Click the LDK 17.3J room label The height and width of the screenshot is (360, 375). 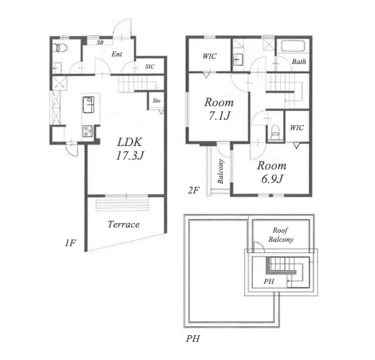pyautogui.click(x=130, y=149)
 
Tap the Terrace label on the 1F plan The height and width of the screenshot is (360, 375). pyautogui.click(x=123, y=224)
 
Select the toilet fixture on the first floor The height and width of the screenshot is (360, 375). pyautogui.click(x=61, y=48)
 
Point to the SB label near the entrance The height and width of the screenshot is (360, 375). pyautogui.click(x=100, y=42)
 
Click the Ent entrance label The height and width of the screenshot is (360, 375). pyautogui.click(x=117, y=54)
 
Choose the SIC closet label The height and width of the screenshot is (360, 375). pyautogui.click(x=150, y=66)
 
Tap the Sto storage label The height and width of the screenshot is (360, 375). pyautogui.click(x=157, y=101)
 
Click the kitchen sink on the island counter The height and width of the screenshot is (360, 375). pyautogui.click(x=88, y=105)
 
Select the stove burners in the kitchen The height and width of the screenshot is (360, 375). pyautogui.click(x=87, y=131)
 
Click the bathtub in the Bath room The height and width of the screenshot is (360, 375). pyautogui.click(x=293, y=47)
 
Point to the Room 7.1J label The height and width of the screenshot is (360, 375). pyautogui.click(x=219, y=109)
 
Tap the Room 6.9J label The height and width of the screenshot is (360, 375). pyautogui.click(x=272, y=172)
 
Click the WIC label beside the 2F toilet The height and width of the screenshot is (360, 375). pyautogui.click(x=297, y=128)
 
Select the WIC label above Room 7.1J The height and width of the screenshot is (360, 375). pyautogui.click(x=209, y=56)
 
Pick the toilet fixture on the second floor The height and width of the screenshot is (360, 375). pyautogui.click(x=276, y=130)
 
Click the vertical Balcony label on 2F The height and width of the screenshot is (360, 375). pyautogui.click(x=221, y=172)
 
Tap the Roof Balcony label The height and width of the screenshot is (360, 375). pyautogui.click(x=281, y=235)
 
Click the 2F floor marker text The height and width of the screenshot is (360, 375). pyautogui.click(x=194, y=191)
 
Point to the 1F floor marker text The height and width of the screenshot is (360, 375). pyautogui.click(x=70, y=243)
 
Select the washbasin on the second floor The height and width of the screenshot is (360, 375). pyautogui.click(x=238, y=59)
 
